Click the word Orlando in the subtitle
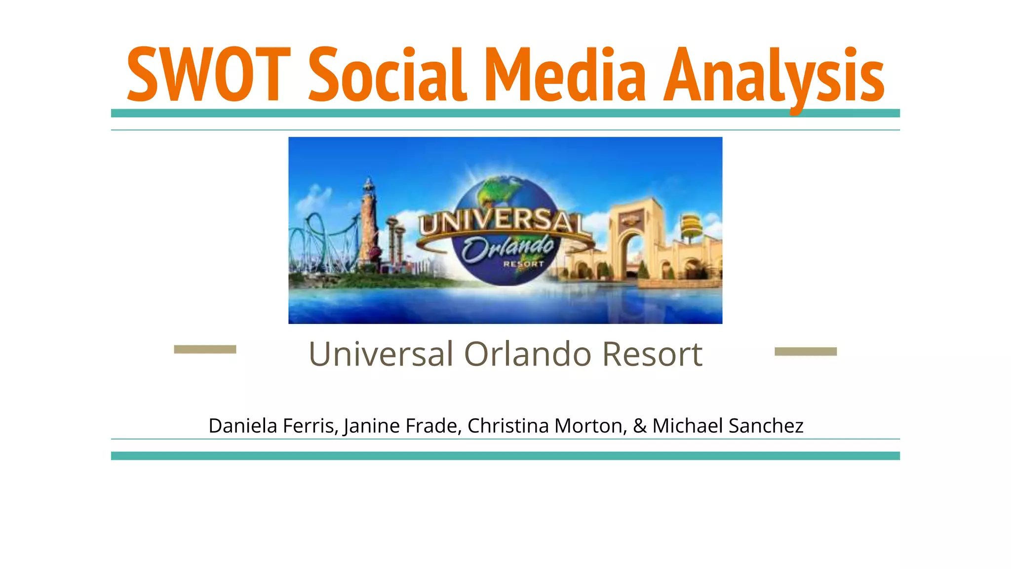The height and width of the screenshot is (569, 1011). [528, 354]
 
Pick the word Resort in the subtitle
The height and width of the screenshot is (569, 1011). [652, 354]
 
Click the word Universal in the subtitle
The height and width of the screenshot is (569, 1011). [381, 354]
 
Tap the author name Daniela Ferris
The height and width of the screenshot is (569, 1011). [273, 426]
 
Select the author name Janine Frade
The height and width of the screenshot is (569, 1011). [402, 426]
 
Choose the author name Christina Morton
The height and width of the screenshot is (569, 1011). [546, 426]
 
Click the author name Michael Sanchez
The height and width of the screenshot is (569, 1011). [728, 426]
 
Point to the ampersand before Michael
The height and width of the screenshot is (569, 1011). [640, 426]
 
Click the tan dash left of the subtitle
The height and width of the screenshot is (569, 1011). [205, 350]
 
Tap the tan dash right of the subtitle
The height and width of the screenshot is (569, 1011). [806, 352]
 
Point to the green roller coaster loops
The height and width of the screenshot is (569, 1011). [321, 242]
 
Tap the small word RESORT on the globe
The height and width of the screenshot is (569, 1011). [523, 264]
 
